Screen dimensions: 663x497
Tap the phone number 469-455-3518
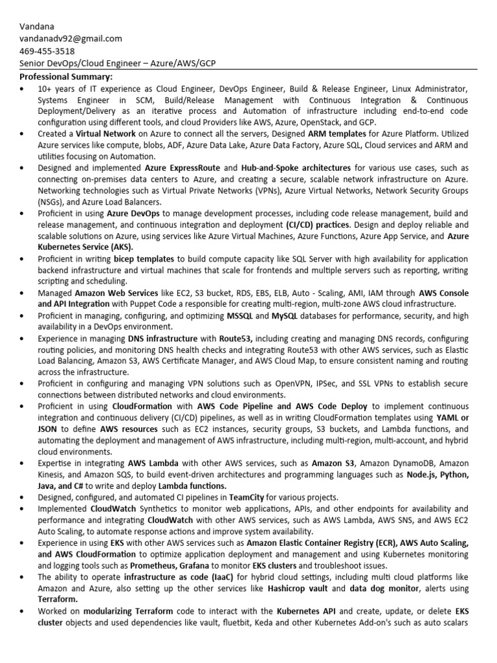click(x=47, y=51)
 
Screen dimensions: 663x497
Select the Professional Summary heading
click(x=61, y=76)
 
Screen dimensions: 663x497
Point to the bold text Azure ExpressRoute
click(x=182, y=168)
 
